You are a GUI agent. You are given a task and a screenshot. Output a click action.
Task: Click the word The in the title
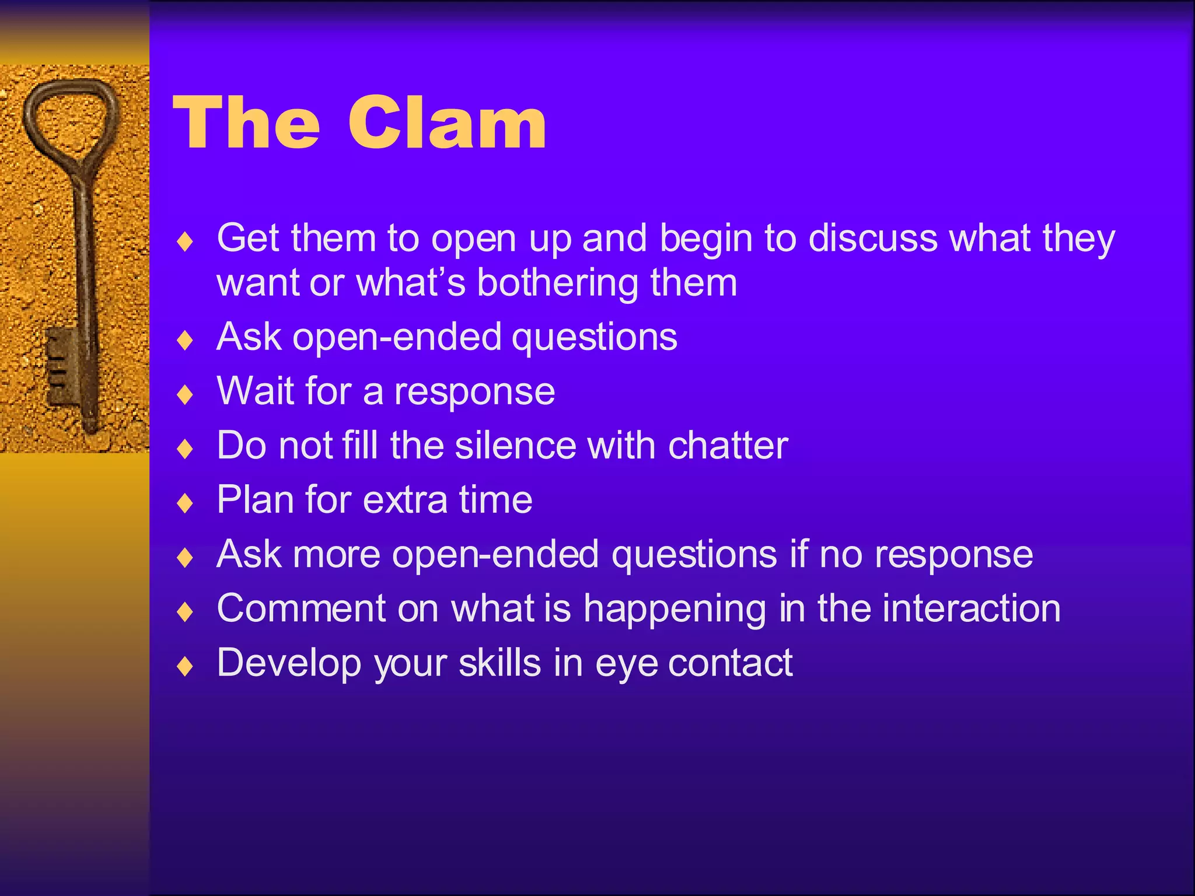coord(246,124)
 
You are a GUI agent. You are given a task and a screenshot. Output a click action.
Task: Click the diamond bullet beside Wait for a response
coord(185,395)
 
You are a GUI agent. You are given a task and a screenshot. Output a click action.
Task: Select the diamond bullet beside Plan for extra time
coord(185,503)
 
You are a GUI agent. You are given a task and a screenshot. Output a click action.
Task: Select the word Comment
coord(301,608)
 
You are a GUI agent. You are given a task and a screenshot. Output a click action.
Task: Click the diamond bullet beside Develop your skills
coord(185,666)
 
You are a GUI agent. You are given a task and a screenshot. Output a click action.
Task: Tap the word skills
coord(499,663)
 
